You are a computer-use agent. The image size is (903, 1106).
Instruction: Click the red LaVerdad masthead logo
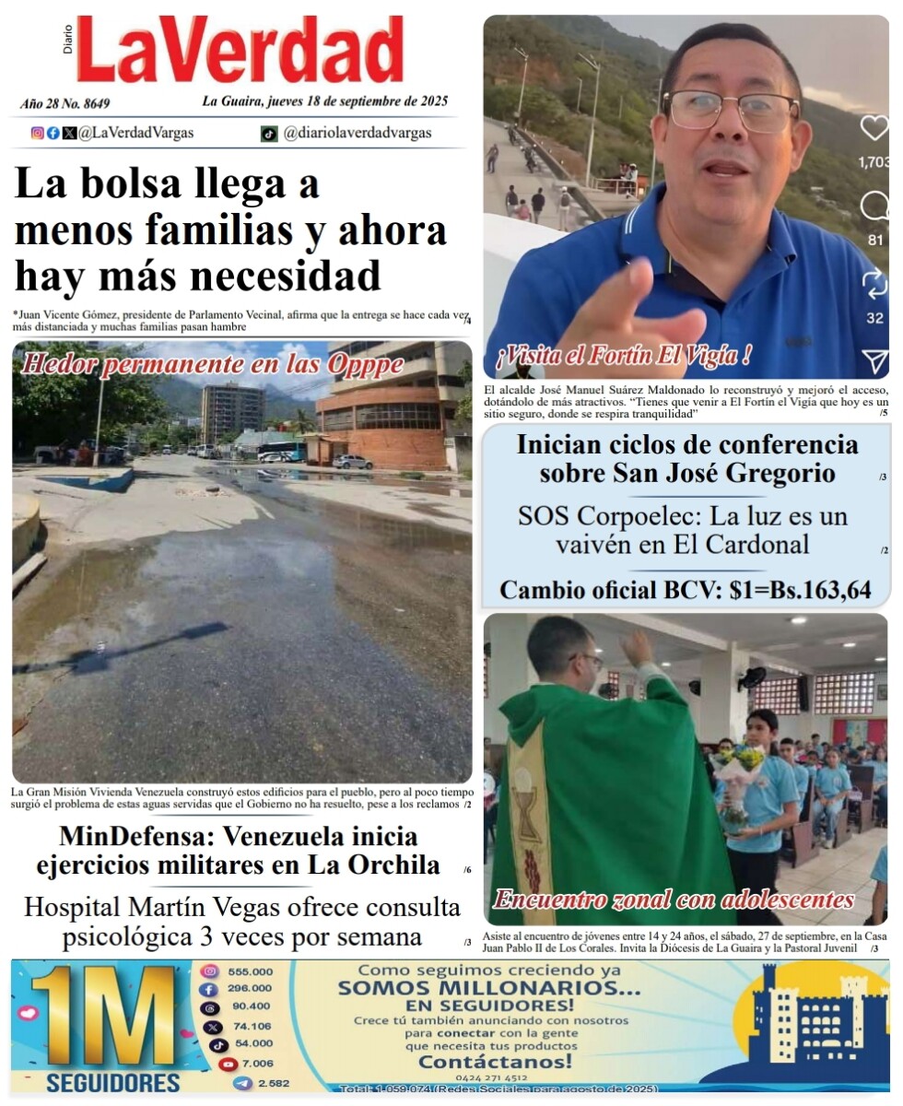240,51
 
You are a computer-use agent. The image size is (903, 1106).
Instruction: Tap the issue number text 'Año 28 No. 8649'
64,103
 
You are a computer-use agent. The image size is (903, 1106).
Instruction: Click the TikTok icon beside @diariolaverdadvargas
268,134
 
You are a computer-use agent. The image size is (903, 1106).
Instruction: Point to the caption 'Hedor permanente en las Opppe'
212,364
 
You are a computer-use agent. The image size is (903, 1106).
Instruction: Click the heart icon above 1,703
874,128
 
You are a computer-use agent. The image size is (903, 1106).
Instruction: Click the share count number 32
874,318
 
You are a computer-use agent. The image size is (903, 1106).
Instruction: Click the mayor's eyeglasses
731,110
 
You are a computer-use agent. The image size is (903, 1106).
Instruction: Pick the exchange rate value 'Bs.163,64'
820,590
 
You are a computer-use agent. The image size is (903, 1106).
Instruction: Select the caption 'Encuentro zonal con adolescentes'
674,900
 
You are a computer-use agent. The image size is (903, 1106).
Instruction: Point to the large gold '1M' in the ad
103,1016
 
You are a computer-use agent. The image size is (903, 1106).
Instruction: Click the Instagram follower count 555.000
251,971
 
